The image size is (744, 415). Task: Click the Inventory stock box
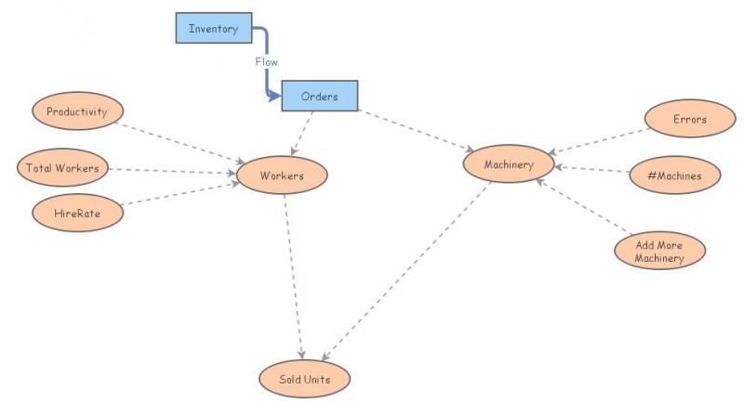(x=213, y=29)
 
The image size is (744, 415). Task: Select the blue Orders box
(x=319, y=97)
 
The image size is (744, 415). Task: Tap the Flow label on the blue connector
(x=267, y=61)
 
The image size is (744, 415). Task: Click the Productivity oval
(x=77, y=112)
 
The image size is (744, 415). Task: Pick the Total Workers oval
(x=63, y=168)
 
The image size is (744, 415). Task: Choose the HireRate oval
(x=77, y=213)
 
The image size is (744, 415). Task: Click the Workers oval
(x=282, y=175)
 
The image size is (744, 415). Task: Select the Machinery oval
(x=509, y=165)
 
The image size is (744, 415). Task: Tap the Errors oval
(x=689, y=119)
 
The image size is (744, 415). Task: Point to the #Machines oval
(x=672, y=174)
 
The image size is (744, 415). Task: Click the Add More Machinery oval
(x=659, y=251)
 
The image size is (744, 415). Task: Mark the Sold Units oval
(x=304, y=379)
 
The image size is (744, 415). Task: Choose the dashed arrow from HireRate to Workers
(x=177, y=196)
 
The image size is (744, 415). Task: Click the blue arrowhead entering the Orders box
(x=274, y=96)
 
